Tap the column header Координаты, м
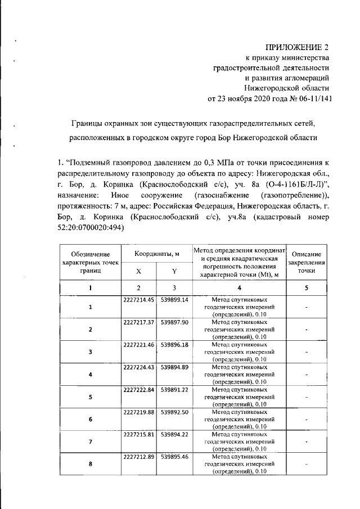coord(156,255)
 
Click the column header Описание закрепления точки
coord(307,262)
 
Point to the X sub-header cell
coord(138,272)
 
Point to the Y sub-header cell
coord(174,272)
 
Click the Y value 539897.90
coord(174,322)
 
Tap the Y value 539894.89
coord(174,368)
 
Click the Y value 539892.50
coord(174,413)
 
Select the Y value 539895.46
coord(174,458)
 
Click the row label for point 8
coord(90,465)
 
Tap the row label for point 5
coord(90,397)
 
